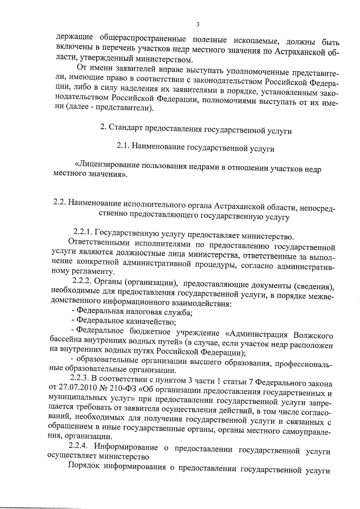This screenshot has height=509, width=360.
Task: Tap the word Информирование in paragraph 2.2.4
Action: (126, 447)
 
